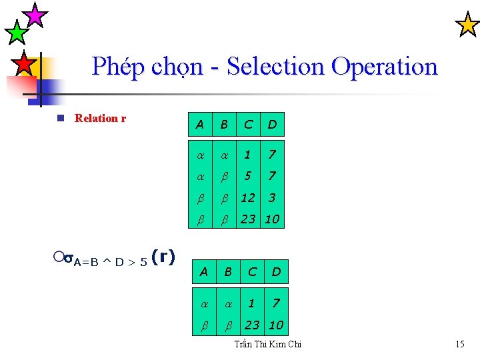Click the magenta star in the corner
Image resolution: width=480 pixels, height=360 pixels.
(x=35, y=14)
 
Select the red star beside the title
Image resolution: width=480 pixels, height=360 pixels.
(x=24, y=64)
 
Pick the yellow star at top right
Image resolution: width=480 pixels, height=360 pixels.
(x=466, y=25)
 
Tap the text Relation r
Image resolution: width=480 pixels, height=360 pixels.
(x=101, y=119)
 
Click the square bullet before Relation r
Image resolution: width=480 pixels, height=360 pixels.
(x=60, y=119)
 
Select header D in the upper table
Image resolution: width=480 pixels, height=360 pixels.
(x=272, y=124)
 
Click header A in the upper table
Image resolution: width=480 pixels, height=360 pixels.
(x=199, y=124)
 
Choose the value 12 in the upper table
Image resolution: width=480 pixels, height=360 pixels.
(x=248, y=198)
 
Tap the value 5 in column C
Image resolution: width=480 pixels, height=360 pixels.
(x=248, y=176)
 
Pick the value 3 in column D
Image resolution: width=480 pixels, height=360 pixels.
(x=272, y=198)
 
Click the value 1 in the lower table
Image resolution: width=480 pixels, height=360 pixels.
(x=251, y=303)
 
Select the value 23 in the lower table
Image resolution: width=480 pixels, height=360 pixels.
(x=251, y=325)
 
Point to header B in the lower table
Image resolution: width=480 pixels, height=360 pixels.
(x=228, y=271)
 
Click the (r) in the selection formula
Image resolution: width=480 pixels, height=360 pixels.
(x=163, y=257)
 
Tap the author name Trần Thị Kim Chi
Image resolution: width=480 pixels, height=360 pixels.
(x=268, y=344)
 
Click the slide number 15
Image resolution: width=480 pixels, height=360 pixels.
(x=459, y=344)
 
